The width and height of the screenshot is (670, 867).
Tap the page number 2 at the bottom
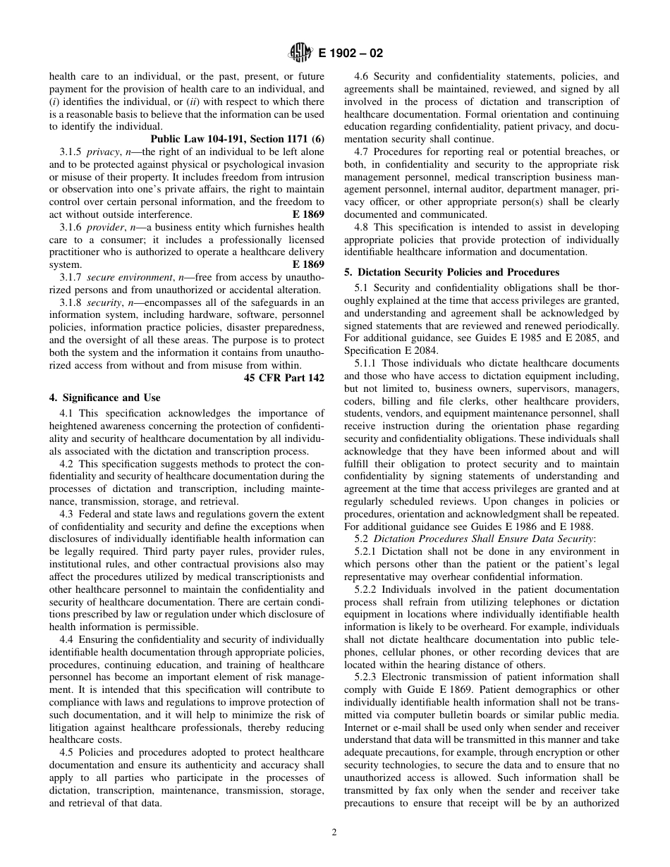coord(334,832)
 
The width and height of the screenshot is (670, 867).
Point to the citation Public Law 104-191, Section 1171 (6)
coord(237,139)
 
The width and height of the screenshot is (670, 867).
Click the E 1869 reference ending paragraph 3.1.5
coord(308,214)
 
